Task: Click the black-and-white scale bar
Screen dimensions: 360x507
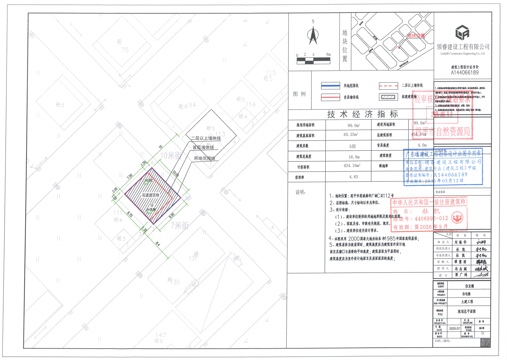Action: coord(313,61)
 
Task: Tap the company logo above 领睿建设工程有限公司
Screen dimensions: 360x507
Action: coord(462,33)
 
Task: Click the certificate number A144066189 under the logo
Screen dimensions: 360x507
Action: coord(465,73)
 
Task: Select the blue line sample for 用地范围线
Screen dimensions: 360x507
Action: coord(330,86)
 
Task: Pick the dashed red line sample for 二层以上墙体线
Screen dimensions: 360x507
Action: coord(388,86)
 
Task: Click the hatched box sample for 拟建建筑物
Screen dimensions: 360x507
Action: coord(388,97)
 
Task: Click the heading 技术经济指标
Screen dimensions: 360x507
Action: coord(362,114)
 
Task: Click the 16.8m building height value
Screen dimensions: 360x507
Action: coord(354,157)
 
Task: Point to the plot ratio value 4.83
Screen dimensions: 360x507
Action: coord(353,177)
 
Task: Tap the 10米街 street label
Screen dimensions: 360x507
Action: coord(171,156)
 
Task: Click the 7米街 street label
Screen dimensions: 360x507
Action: coord(180,226)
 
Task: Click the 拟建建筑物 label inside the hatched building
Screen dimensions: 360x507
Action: coord(151,195)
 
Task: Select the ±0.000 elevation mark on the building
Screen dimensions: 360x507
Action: coord(148,180)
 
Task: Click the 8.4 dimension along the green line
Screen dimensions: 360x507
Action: coord(158,244)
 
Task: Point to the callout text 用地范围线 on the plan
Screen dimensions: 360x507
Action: coord(204,158)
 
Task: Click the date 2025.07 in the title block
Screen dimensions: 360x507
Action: coord(454,329)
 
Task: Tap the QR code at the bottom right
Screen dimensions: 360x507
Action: coord(485,343)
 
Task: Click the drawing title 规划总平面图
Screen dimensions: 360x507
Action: coord(466,312)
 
